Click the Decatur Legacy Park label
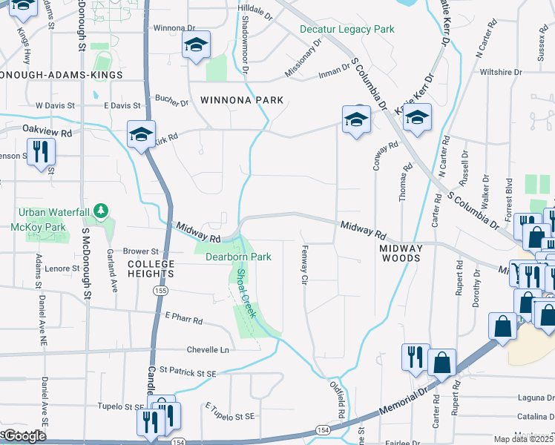[347, 29]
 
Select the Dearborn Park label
[238, 257]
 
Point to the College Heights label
[151, 268]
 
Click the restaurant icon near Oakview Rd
[40, 153]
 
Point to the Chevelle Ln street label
[208, 349]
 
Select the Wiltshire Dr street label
[501, 72]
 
